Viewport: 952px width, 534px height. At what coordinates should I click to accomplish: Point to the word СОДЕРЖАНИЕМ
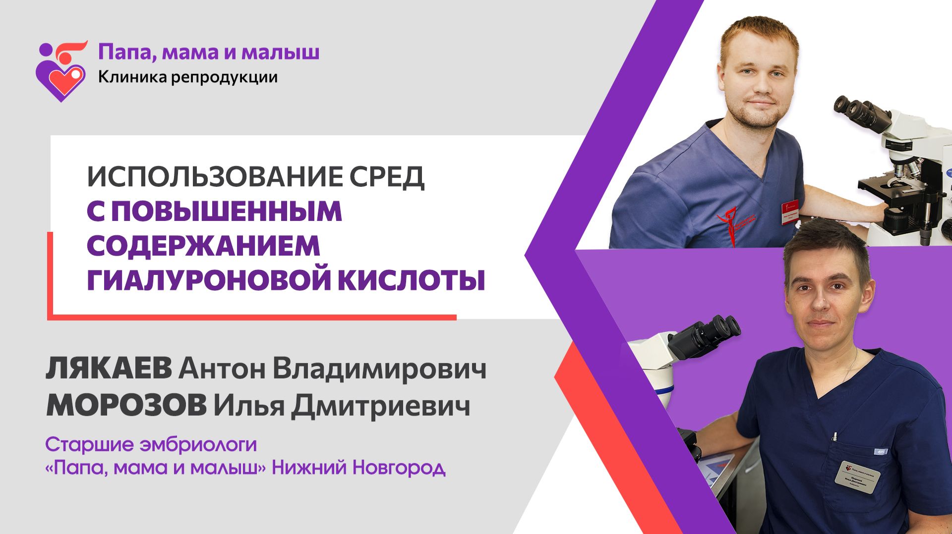click(x=203, y=246)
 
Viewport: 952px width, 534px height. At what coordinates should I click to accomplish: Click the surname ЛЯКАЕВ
click(x=109, y=369)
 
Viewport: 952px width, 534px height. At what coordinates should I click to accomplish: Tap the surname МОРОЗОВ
click(x=126, y=406)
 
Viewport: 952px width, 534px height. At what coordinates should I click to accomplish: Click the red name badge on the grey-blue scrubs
click(x=789, y=211)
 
